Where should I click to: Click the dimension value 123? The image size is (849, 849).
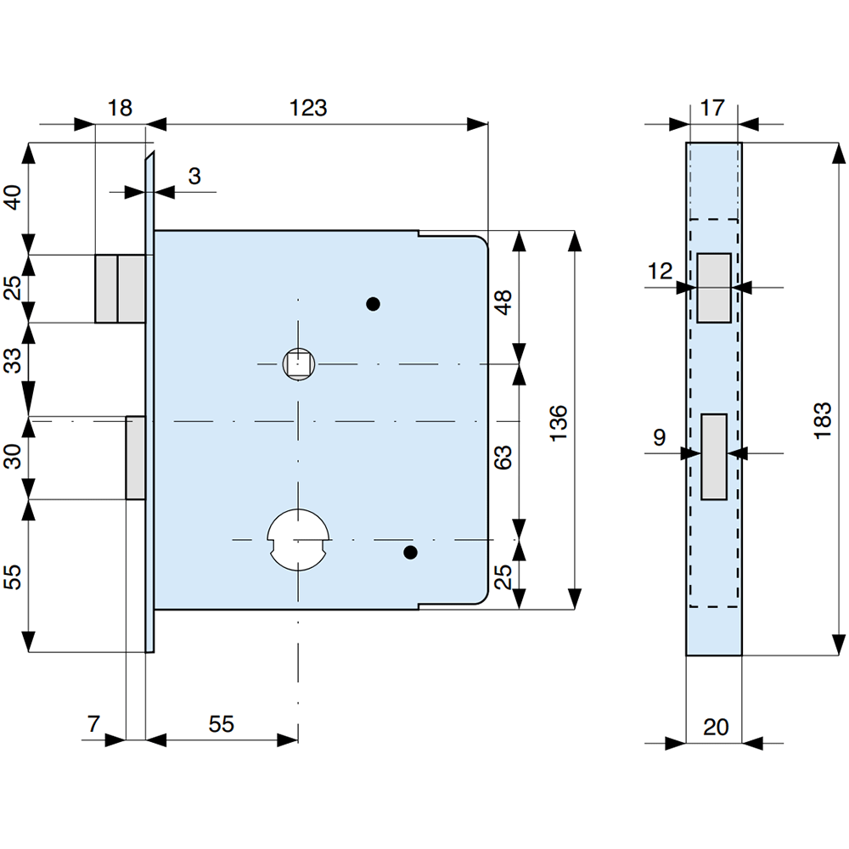pyautogui.click(x=308, y=108)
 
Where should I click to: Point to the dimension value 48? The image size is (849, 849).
pyautogui.click(x=503, y=301)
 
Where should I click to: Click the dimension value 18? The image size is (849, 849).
pyautogui.click(x=120, y=108)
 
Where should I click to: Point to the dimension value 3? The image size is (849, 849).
pyautogui.click(x=194, y=177)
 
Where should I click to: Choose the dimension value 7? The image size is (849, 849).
pyautogui.click(x=93, y=724)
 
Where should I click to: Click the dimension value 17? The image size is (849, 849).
pyautogui.click(x=713, y=108)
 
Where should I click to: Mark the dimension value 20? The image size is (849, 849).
pyautogui.click(x=716, y=727)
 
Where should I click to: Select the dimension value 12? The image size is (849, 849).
pyautogui.click(x=660, y=272)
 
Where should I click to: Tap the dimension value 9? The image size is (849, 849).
pyautogui.click(x=660, y=437)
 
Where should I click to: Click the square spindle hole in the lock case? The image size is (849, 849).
pyautogui.click(x=298, y=365)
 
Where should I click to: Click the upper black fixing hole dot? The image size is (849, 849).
pyautogui.click(x=372, y=303)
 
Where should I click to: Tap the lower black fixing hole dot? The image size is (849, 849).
pyautogui.click(x=411, y=553)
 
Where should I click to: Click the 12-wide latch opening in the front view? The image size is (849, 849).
pyautogui.click(x=713, y=288)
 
